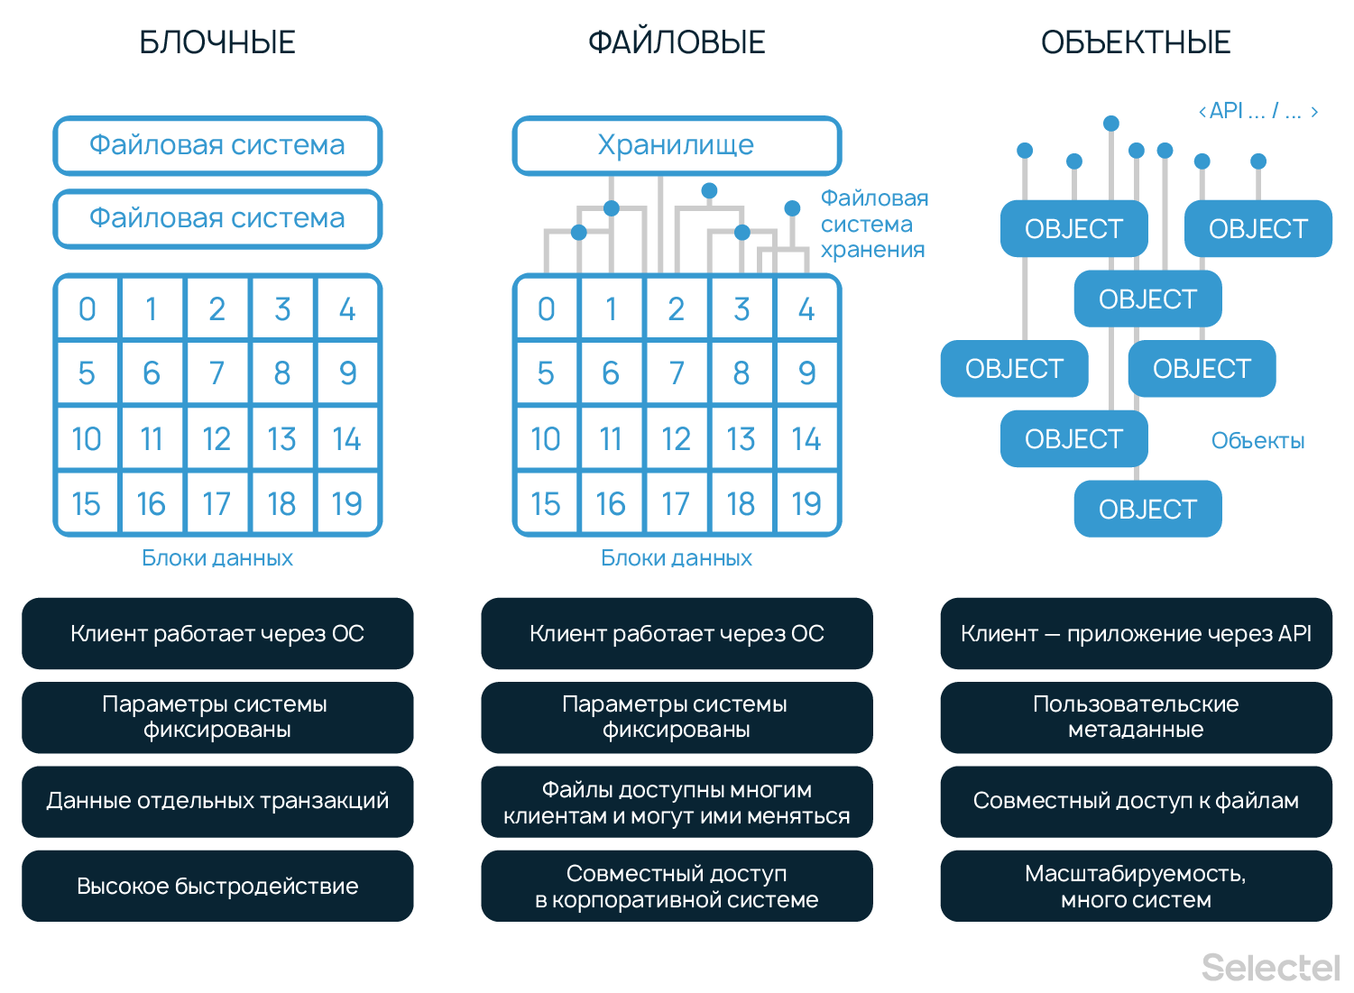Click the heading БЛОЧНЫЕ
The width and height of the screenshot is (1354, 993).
[x=217, y=42]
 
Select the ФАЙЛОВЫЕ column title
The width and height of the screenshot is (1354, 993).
[x=677, y=42]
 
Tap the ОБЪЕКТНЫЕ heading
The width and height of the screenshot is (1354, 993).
[x=1136, y=42]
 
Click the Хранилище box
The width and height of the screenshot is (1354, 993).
[x=677, y=145]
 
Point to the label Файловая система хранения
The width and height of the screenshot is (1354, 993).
[x=873, y=224]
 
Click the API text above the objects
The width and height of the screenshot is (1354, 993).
[x=1257, y=111]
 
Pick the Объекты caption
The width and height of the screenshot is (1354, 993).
[x=1257, y=441]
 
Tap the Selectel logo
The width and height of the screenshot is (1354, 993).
[x=1270, y=968]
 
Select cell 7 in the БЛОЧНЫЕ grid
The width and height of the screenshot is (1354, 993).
[x=217, y=373]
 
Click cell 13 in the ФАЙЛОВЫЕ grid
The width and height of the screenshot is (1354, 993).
[x=741, y=439]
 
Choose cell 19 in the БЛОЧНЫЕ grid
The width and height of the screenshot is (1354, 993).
[x=347, y=504]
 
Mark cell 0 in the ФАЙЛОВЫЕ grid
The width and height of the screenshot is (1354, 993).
[x=547, y=309]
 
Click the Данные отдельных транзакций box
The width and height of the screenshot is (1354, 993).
[x=217, y=801]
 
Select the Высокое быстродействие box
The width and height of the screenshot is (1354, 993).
[x=217, y=886]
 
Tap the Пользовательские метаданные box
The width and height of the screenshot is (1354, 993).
[x=1136, y=717]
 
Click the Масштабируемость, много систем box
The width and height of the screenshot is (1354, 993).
[x=1136, y=886]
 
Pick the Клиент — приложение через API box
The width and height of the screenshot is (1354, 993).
[x=1136, y=633]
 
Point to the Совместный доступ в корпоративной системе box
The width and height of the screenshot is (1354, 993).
[x=677, y=886]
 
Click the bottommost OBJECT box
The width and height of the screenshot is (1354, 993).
[x=1147, y=510]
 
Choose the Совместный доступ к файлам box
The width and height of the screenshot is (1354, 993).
[x=1136, y=801]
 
